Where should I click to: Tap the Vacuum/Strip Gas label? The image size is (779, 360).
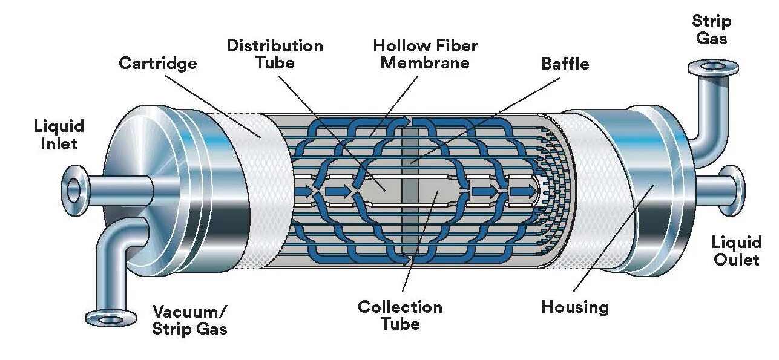click(189, 320)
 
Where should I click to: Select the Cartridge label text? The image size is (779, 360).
click(157, 63)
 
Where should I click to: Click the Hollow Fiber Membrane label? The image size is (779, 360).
click(425, 54)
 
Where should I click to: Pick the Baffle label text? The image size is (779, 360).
click(565, 64)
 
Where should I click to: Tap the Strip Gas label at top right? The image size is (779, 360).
click(711, 30)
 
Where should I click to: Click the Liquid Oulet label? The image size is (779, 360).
click(736, 251)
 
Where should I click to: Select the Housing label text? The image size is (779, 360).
click(574, 307)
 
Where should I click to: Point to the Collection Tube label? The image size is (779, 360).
click(399, 315)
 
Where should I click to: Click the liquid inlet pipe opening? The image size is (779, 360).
click(73, 190)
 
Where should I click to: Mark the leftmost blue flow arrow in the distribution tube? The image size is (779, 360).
click(304, 192)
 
